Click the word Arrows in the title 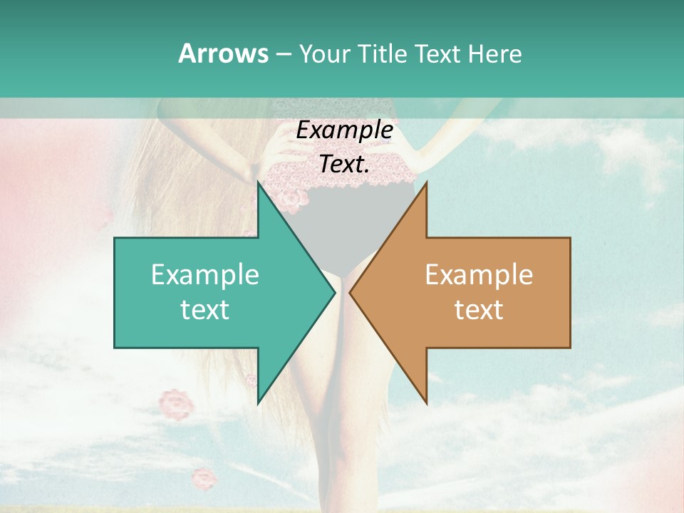pos(223,53)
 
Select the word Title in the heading pos(380,53)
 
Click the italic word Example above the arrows pos(345,130)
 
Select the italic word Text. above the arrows pos(345,164)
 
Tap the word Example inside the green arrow pos(205,274)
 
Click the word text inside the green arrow pos(205,309)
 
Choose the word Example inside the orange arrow pos(479,274)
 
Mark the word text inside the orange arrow pos(479,309)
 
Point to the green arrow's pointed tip pos(334,292)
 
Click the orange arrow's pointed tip pos(351,292)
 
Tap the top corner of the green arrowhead pos(258,182)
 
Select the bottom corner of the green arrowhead pos(258,403)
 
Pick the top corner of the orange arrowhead pos(426,182)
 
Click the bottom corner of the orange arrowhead pos(426,403)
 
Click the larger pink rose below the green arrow pos(175,404)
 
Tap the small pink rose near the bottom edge pos(204,478)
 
